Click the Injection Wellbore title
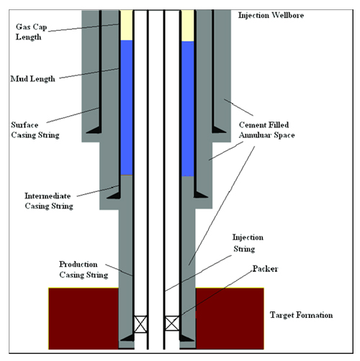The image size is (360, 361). coord(271,15)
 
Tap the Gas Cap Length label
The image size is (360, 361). coord(31,32)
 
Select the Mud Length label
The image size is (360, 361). coord(32,79)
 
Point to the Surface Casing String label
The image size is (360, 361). coord(35,130)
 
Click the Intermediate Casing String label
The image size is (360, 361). coord(49,201)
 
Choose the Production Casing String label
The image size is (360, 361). coord(84,270)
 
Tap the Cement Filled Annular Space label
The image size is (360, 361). coord(267,130)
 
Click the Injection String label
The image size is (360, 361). coord(248,243)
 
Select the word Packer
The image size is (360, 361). coord(265,269)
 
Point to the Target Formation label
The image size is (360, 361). coord(302,315)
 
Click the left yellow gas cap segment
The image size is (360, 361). coord(127,25)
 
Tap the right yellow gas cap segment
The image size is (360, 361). coord(188,26)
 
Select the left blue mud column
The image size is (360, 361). coord(127,108)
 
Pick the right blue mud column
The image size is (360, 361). coord(188,109)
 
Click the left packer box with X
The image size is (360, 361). coord(140,324)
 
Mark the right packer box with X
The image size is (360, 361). coord(172,324)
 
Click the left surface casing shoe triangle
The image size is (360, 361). coord(94,129)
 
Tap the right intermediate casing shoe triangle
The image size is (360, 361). coord(201,194)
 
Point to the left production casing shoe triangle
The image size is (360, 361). coord(127,338)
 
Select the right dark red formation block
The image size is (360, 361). coord(230,319)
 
